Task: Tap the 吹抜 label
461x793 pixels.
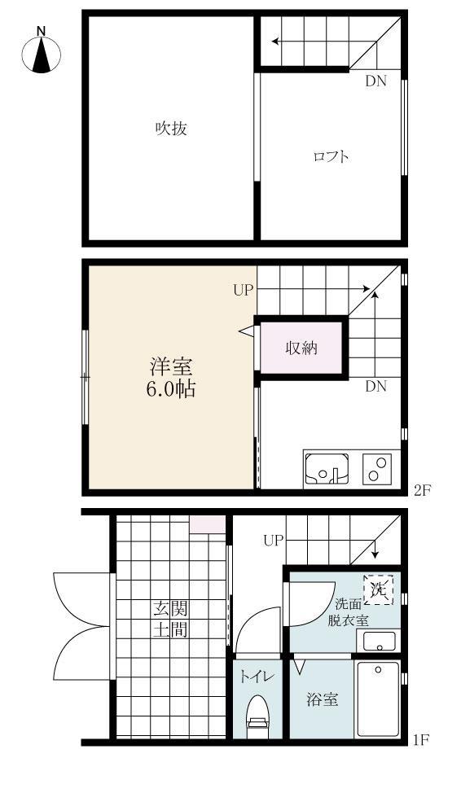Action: pyautogui.click(x=172, y=128)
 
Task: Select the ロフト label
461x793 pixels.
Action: pyautogui.click(x=331, y=156)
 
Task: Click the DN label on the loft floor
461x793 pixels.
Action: pyautogui.click(x=375, y=81)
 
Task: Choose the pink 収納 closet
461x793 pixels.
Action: pyautogui.click(x=301, y=348)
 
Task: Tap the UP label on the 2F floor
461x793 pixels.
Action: pyautogui.click(x=243, y=290)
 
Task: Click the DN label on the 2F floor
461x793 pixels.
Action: pyautogui.click(x=375, y=387)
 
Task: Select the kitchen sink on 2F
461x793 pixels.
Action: pyautogui.click(x=327, y=468)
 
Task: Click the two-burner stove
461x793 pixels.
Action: pyautogui.click(x=376, y=468)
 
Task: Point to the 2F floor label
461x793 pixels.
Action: pyautogui.click(x=420, y=490)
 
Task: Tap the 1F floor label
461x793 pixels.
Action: pyautogui.click(x=420, y=740)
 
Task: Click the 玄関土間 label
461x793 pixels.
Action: pyautogui.click(x=171, y=619)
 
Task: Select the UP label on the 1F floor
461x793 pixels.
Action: pyautogui.click(x=274, y=540)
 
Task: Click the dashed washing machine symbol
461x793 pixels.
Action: pyautogui.click(x=378, y=589)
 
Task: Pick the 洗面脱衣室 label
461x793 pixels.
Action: pyautogui.click(x=349, y=612)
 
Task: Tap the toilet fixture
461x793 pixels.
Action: pyautogui.click(x=257, y=713)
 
